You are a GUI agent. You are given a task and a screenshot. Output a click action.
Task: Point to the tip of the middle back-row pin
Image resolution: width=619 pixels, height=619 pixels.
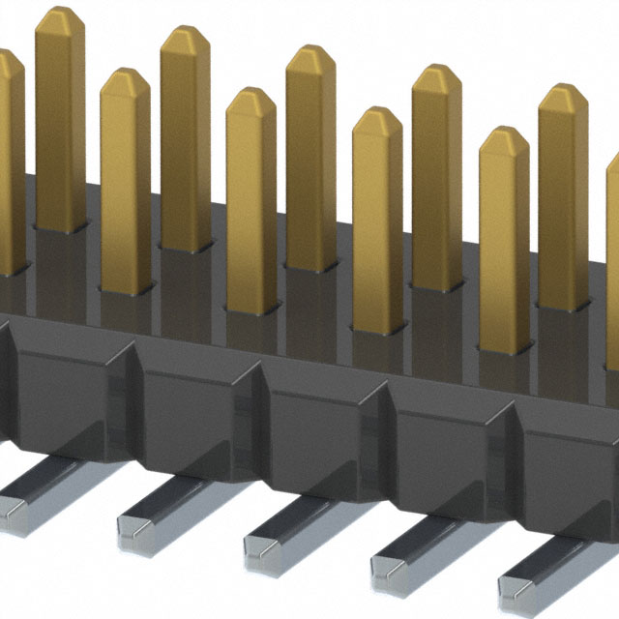(310, 58)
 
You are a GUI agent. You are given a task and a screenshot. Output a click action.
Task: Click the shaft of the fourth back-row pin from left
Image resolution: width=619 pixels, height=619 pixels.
(436, 184)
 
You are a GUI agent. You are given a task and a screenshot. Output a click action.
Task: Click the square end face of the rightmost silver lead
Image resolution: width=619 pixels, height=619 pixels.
(517, 584)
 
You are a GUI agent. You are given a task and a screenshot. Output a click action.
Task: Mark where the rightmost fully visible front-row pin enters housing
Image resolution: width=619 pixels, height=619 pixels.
(504, 346)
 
